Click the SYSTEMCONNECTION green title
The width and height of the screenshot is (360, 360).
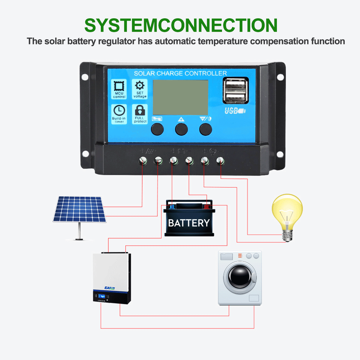181,25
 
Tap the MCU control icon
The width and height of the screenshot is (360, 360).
119,86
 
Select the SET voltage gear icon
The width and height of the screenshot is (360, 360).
140,86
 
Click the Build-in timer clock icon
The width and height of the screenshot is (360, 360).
119,110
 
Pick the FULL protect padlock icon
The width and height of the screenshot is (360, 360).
140,110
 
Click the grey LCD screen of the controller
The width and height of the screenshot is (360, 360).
180,97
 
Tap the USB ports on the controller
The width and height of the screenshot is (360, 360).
235,90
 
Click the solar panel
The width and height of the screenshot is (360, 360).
79,209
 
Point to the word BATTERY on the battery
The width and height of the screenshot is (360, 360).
189,223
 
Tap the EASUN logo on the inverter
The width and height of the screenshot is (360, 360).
109,288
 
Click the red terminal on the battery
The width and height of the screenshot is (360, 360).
207,207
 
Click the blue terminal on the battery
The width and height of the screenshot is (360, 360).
172,207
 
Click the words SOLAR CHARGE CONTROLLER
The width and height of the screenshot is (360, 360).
180,73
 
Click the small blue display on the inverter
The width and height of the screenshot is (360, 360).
102,296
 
